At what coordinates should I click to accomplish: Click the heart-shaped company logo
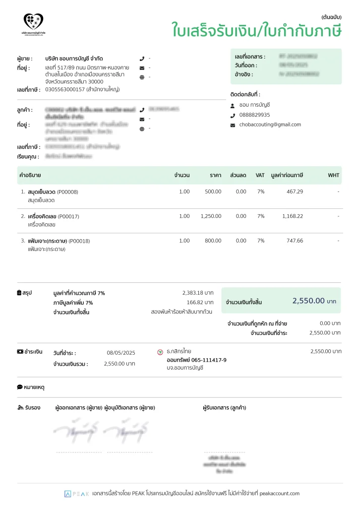[x=33, y=21]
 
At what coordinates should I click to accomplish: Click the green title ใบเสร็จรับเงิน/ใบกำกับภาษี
[x=257, y=31]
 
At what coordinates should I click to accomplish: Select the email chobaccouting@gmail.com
[x=270, y=125]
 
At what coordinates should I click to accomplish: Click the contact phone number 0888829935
[x=254, y=115]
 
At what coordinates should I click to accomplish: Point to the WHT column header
[x=333, y=175]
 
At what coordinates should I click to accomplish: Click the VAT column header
[x=260, y=175]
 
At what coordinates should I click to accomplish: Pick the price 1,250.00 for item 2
[x=211, y=216]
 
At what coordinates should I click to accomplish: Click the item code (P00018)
[x=79, y=241]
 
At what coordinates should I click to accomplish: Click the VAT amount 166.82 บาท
[x=200, y=302]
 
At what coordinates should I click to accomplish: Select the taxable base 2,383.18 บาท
[x=198, y=293]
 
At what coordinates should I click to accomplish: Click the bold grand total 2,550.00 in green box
[x=308, y=301]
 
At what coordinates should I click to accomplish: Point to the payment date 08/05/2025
[x=121, y=353]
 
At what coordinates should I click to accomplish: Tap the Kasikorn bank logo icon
[x=160, y=352]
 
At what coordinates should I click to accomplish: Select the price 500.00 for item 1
[x=213, y=191]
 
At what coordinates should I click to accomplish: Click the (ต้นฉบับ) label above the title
[x=331, y=17]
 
